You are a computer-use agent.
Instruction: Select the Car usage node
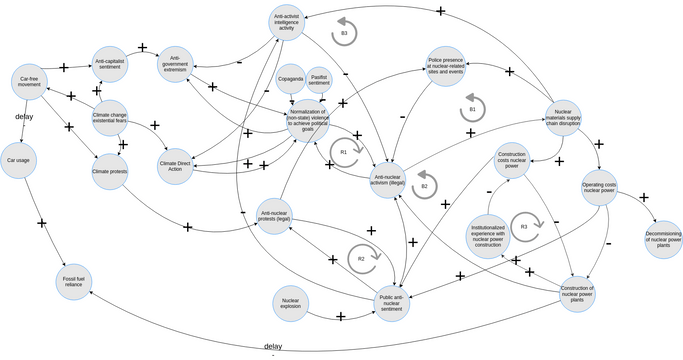19,160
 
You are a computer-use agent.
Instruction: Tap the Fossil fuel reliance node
73,282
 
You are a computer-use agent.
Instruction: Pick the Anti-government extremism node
175,61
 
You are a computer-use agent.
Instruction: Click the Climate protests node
109,172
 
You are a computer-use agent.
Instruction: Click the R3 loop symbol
524,226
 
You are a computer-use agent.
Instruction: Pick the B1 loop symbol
473,106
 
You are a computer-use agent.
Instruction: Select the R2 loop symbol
364,258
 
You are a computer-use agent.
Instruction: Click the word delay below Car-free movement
26,117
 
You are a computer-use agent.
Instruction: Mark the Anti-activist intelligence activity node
287,24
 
